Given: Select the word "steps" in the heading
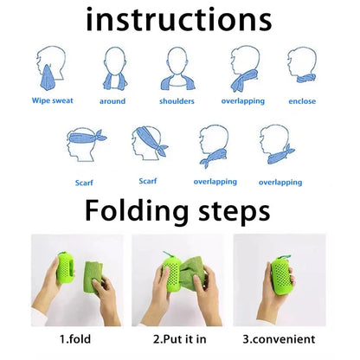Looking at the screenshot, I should pos(231,210).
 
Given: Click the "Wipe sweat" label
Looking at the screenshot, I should pos(54,100).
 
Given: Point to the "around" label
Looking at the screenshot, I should pos(112,101).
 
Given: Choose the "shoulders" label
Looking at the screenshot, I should pos(177,101).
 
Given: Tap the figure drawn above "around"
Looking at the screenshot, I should pos(114,67).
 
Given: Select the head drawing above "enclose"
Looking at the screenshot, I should pos(302,66).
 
